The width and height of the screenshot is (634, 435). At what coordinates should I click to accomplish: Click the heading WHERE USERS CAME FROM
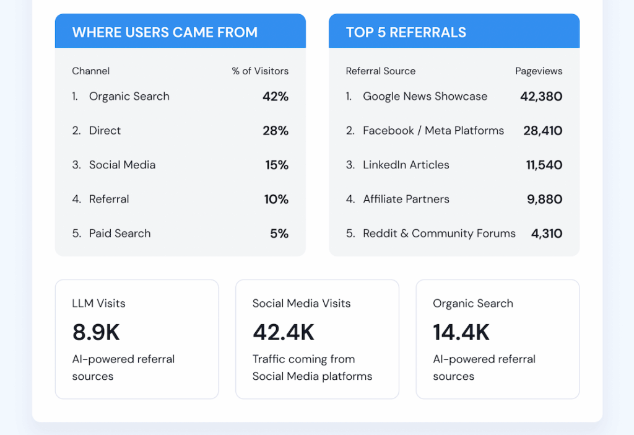coord(165,32)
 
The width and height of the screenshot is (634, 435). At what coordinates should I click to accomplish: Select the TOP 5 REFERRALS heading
coord(406,32)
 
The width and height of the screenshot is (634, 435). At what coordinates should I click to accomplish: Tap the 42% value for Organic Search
coord(276,96)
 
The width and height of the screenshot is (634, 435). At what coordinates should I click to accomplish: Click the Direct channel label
coord(105,130)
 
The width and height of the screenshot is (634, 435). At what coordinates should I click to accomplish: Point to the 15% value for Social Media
coord(276,165)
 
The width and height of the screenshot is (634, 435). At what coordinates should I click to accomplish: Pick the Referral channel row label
coord(109,199)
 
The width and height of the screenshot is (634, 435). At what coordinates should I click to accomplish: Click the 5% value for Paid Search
coord(279,234)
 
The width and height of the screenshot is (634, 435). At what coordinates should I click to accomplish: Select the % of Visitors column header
coord(260,71)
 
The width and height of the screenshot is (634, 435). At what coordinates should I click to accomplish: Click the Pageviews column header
coord(539,71)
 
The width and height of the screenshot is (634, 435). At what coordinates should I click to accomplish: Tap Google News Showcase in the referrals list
coord(425,96)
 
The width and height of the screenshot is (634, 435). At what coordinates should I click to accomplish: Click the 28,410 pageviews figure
coord(542,130)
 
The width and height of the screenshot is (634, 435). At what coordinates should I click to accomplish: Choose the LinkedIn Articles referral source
coord(406,165)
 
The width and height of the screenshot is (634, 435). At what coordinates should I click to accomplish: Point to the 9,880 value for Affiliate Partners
coord(545,199)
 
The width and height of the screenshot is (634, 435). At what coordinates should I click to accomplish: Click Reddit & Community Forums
coord(439,234)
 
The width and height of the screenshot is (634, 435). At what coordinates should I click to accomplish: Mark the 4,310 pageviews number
coord(547,234)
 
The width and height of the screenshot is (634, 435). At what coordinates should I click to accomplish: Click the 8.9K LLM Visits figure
coord(96,332)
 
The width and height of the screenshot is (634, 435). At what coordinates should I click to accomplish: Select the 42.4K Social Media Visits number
coord(284,332)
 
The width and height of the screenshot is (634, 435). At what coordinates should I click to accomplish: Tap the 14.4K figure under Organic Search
coord(461,332)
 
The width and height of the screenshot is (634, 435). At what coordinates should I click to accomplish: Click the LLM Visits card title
coord(98,303)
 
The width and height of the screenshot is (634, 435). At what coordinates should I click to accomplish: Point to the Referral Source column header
coord(381,71)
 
